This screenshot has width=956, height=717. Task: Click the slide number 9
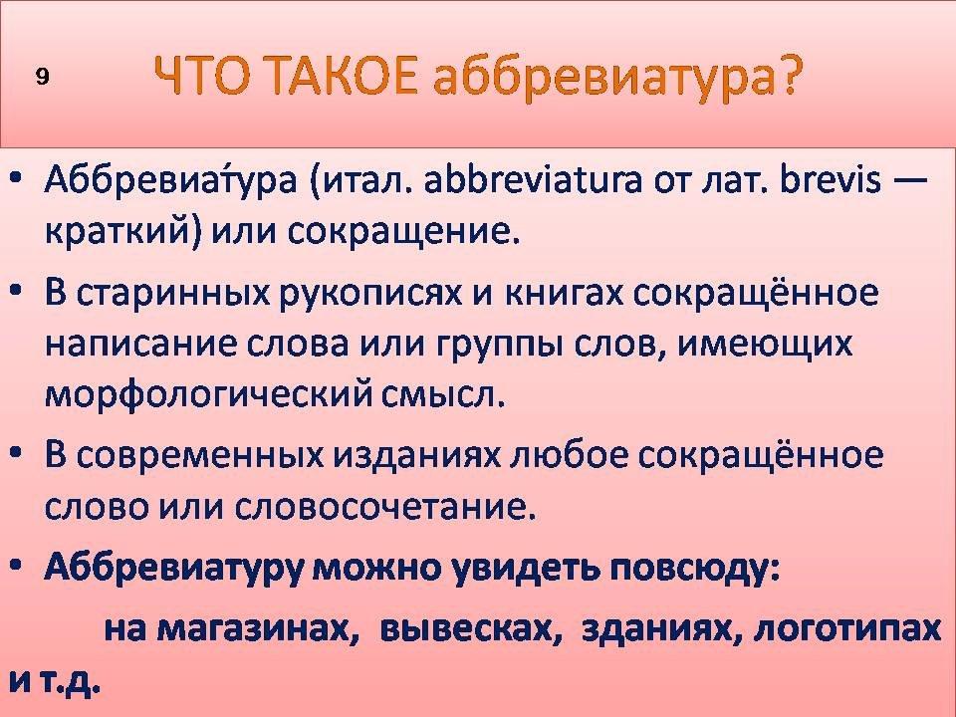click(42, 78)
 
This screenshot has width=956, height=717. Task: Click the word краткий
click(121, 231)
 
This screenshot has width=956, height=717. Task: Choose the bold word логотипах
click(846, 629)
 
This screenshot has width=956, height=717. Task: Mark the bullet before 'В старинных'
click(17, 293)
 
